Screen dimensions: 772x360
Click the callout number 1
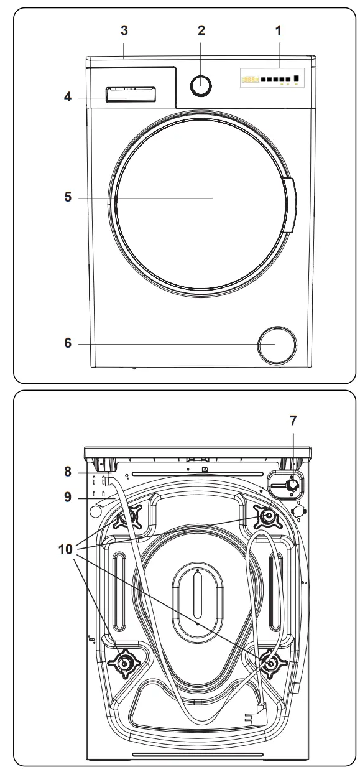[279, 30]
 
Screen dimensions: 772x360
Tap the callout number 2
[200, 30]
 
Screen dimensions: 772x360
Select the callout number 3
[124, 30]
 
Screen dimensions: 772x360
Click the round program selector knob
[200, 85]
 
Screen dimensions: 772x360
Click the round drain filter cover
[277, 344]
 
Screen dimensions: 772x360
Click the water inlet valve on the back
[290, 484]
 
